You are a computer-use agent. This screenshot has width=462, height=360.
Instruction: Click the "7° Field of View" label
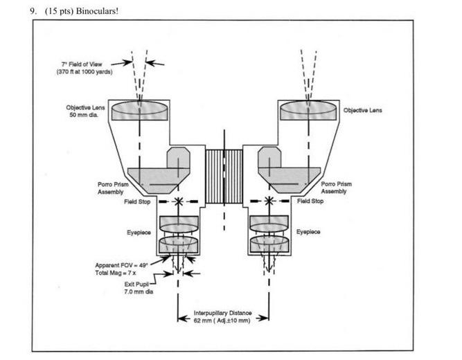coord(81,64)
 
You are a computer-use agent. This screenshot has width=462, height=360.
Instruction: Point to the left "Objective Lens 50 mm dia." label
coord(85,111)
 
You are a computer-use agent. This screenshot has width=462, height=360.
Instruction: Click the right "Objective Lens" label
coord(363,110)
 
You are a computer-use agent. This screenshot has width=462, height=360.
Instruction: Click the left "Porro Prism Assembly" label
coord(110,188)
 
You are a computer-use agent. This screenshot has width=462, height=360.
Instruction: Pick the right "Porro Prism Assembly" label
coord(336,188)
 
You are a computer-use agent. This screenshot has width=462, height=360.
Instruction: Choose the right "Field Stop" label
coord(310,201)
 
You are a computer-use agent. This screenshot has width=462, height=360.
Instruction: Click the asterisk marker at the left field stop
coord(178,201)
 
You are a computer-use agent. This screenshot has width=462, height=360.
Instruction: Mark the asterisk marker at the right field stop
coord(268,201)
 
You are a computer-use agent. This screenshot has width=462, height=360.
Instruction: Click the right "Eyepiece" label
coord(308,233)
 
